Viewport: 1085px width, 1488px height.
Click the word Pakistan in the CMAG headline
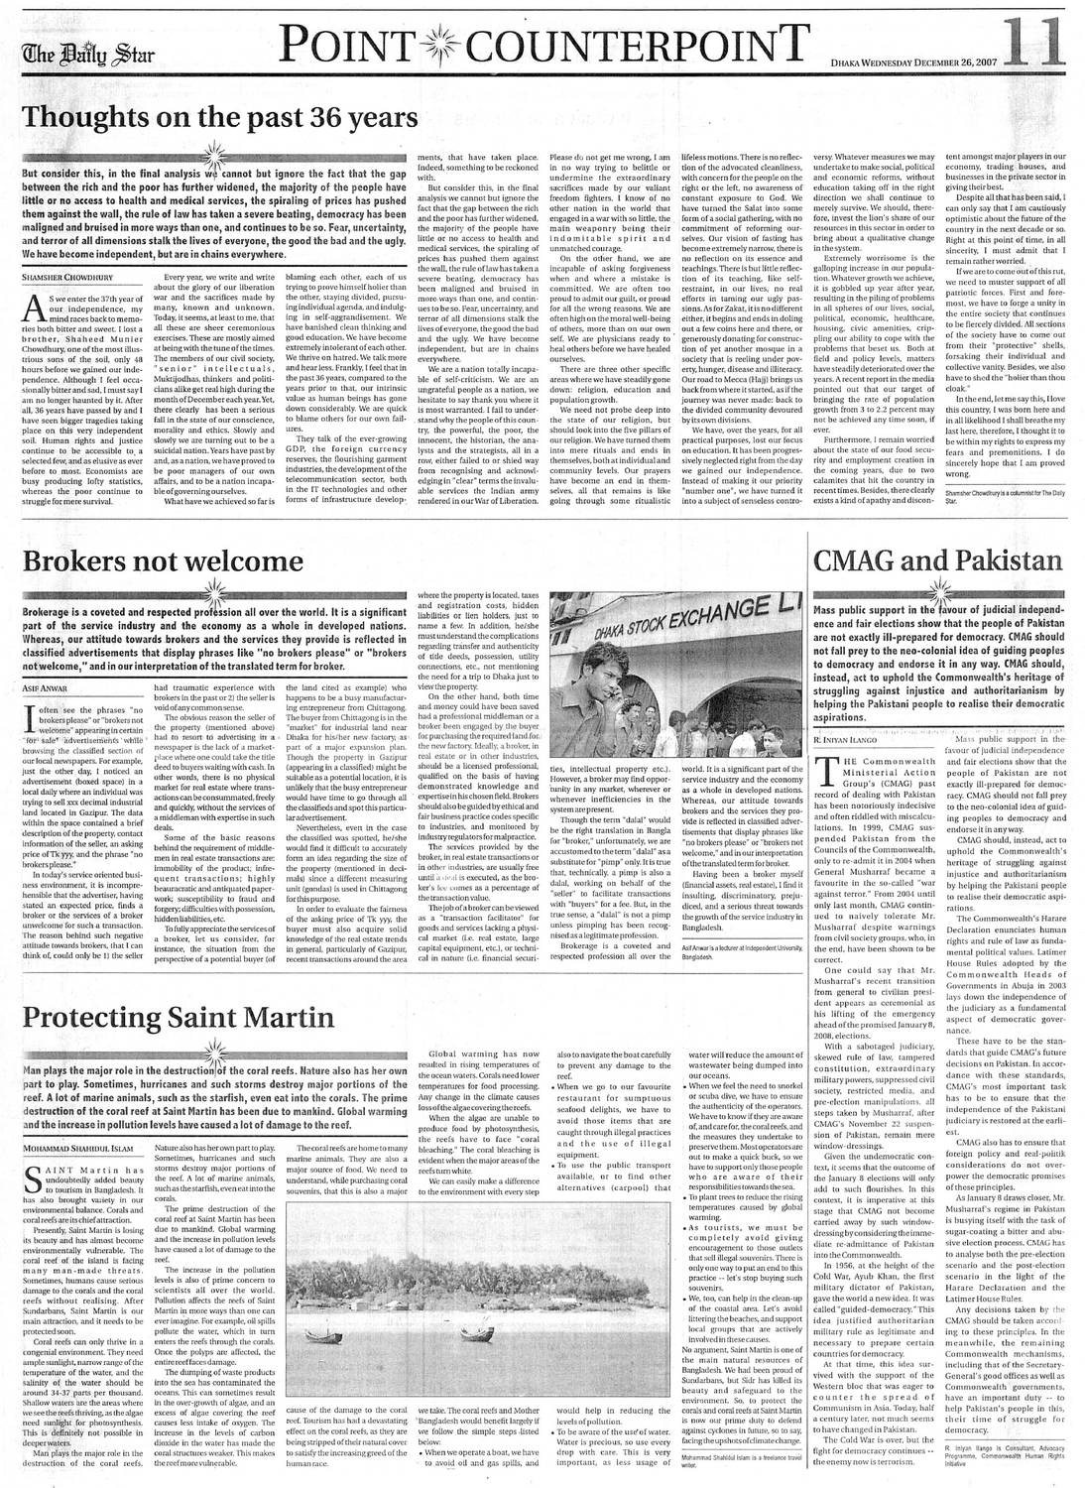click(x=993, y=562)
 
